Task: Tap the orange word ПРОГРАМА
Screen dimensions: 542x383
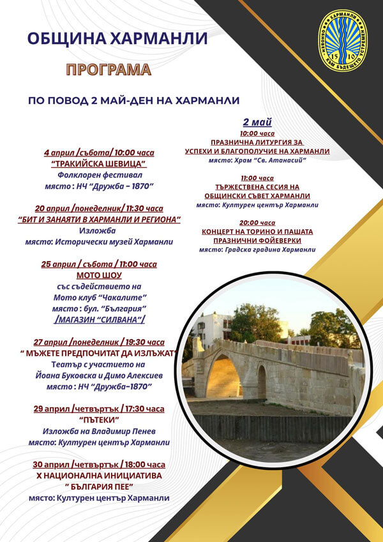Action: (x=109, y=70)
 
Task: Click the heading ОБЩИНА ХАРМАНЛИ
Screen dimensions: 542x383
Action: (x=117, y=38)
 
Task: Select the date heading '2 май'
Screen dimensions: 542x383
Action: (x=257, y=122)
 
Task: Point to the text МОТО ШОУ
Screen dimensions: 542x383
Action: (x=99, y=275)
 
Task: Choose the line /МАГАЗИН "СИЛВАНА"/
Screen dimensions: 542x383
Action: (x=100, y=319)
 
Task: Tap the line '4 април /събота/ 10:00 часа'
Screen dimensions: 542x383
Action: (x=99, y=153)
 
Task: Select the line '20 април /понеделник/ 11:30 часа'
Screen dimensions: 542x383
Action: (x=99, y=209)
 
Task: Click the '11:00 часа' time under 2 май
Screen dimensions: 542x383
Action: (x=257, y=177)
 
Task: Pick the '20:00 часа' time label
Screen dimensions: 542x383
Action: (x=257, y=222)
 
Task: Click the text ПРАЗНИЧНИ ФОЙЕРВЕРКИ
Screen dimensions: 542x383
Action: (x=257, y=241)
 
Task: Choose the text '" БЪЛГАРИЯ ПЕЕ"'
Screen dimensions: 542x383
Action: (x=99, y=486)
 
